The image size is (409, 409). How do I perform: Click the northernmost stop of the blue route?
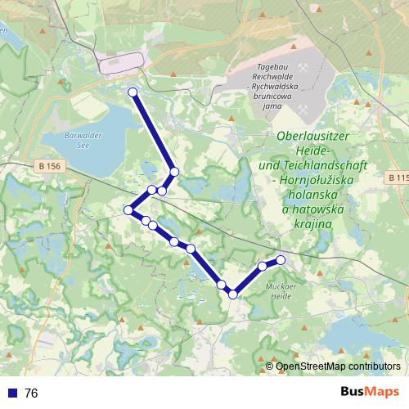[133, 92]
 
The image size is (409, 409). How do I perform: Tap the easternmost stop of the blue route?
[281, 260]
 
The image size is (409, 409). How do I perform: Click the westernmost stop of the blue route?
[128, 210]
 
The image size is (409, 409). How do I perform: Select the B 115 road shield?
[398, 178]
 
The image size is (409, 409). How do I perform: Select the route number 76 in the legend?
[31, 393]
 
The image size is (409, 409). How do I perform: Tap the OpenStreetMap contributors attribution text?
[338, 366]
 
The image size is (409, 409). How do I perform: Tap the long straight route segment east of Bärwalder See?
[153, 132]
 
